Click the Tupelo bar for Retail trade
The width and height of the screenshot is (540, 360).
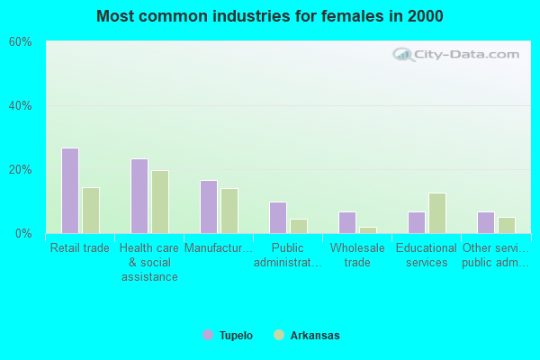[x=70, y=191]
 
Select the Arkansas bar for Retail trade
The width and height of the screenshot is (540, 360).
[x=91, y=211]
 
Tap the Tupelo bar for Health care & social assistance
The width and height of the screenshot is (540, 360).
[x=139, y=196]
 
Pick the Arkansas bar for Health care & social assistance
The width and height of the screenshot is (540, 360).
[x=160, y=202]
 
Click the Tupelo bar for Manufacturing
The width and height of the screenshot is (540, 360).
[x=209, y=207]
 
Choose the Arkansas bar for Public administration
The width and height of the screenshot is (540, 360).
[x=299, y=226]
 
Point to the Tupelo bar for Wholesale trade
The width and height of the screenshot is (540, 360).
[x=347, y=222]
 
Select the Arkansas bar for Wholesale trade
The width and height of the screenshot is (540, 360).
[x=368, y=229]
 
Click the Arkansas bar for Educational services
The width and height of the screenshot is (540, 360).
[x=437, y=213]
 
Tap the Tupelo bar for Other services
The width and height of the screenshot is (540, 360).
[x=486, y=222]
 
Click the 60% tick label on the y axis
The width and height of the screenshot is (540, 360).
[x=21, y=42]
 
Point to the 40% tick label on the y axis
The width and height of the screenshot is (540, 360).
[x=21, y=106]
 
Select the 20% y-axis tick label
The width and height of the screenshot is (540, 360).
[x=21, y=170]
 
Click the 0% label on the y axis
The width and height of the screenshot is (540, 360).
[x=24, y=234]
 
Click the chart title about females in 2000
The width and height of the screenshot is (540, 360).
[x=270, y=16]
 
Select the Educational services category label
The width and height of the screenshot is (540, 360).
[x=427, y=256]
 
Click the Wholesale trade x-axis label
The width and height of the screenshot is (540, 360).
[x=357, y=256]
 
